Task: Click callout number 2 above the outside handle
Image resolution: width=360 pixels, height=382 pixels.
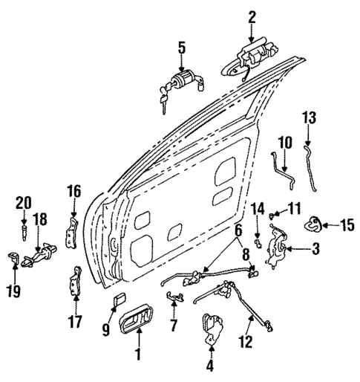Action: click(252, 16)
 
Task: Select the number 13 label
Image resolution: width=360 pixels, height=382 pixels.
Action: click(309, 117)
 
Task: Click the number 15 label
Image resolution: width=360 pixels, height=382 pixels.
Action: click(347, 223)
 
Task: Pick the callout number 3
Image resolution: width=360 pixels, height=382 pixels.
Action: click(315, 249)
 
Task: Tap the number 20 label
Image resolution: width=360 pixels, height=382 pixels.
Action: click(24, 201)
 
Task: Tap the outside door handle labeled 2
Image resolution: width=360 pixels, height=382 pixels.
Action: click(251, 56)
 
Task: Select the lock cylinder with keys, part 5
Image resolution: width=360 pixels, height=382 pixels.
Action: click(180, 83)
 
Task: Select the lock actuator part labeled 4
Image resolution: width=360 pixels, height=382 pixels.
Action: click(213, 328)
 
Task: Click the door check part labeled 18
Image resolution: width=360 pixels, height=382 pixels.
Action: click(42, 252)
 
